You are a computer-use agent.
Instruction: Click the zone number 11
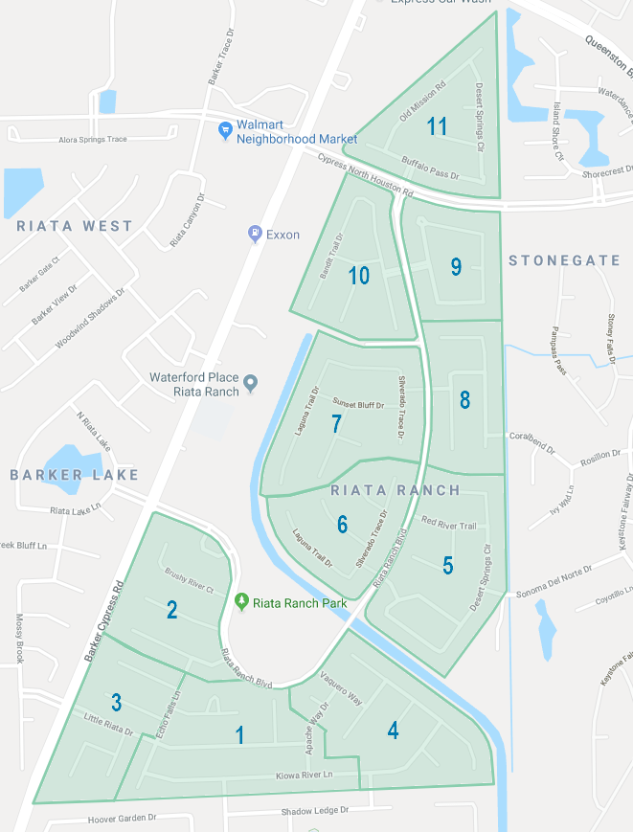[438, 126]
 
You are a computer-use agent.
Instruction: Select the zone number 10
[359, 277]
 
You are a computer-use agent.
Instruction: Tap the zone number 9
[457, 267]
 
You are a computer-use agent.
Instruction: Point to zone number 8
[464, 400]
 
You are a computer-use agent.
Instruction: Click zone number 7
[336, 424]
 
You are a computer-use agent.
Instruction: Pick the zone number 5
[448, 565]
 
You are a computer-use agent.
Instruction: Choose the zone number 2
[171, 610]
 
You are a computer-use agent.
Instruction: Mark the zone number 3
[116, 703]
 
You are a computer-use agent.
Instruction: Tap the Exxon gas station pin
[255, 233]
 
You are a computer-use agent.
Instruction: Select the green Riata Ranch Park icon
[242, 601]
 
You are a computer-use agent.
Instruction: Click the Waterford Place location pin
[251, 384]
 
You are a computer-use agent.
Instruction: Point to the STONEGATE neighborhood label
[564, 260]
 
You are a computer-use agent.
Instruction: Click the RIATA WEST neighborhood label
[75, 226]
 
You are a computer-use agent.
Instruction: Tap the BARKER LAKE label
[75, 475]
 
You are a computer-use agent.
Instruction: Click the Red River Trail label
[449, 524]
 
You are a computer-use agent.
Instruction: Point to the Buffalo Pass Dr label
[431, 169]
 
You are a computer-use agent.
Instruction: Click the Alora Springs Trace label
[92, 140]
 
